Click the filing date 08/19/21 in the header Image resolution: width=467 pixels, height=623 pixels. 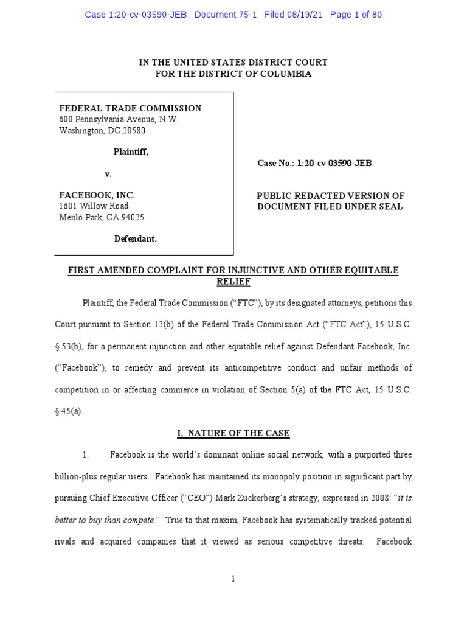(x=304, y=15)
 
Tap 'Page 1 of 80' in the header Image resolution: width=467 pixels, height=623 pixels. (x=356, y=15)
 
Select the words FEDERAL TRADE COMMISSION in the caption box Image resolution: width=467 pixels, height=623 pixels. (x=130, y=108)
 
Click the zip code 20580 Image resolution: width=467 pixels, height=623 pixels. (x=133, y=130)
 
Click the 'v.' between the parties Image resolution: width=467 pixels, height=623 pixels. (x=108, y=174)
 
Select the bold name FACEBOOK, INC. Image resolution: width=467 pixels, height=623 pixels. (x=97, y=196)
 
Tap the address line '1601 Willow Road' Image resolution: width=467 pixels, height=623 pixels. (x=94, y=206)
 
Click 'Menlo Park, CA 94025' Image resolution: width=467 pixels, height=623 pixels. (x=101, y=217)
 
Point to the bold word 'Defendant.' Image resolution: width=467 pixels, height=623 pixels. (x=136, y=239)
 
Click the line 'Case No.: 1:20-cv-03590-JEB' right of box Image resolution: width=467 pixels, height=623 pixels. (x=317, y=164)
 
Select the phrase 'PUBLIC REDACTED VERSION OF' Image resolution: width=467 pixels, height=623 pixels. (x=330, y=196)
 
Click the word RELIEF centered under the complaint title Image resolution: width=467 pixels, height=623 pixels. (x=233, y=282)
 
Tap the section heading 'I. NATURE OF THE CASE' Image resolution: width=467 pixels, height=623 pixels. (x=233, y=433)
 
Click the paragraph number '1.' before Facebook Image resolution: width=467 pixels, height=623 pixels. (x=86, y=455)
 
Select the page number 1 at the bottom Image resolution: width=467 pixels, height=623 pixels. (x=233, y=579)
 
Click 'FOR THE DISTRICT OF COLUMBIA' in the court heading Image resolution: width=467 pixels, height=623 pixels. (x=233, y=74)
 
